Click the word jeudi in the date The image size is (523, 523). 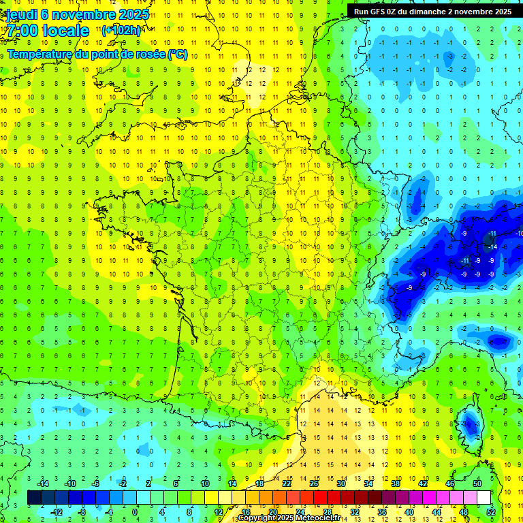[20, 14]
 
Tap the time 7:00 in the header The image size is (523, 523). [21, 31]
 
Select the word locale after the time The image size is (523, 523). [65, 31]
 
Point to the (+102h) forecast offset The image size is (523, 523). [121, 30]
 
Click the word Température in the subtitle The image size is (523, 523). [41, 54]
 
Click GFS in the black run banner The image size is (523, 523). [380, 12]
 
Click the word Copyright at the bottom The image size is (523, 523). [258, 518]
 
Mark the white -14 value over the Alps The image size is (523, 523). [494, 247]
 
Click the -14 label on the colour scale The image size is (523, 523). [43, 484]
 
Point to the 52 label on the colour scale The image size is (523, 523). [491, 511]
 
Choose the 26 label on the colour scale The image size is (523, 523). [314, 484]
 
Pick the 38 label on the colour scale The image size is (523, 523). [395, 484]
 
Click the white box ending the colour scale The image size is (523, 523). [484, 497]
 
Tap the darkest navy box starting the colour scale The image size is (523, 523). [34, 497]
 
